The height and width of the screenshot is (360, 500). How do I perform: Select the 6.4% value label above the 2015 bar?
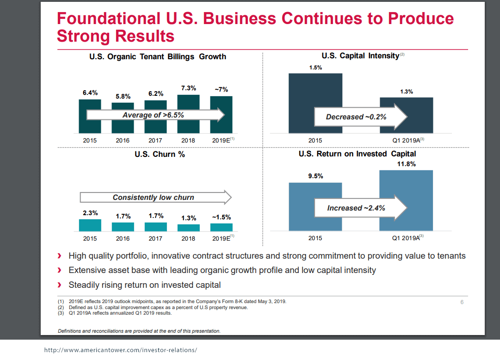90,93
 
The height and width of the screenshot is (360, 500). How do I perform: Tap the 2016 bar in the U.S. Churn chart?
123,227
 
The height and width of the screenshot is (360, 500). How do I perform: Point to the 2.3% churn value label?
90,213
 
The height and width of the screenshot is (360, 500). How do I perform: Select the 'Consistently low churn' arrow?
155,197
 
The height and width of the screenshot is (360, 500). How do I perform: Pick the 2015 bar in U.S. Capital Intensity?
315,103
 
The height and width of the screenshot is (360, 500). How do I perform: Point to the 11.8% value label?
406,164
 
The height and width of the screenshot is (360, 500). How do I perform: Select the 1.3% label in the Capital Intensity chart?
406,92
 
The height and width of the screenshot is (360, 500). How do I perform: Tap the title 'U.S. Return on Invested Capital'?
357,154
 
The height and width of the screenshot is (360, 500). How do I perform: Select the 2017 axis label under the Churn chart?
155,239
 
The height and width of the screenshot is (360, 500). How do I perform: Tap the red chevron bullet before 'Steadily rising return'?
59,285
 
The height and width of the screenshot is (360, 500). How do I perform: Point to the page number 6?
462,303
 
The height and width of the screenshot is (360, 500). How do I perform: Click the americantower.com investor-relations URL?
120,350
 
